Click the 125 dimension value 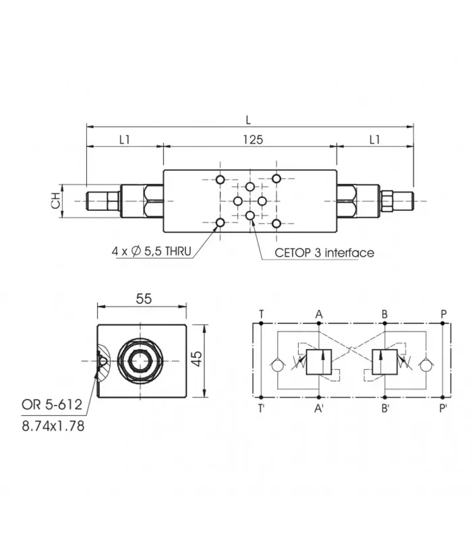253,140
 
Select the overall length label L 248,120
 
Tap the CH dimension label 55,201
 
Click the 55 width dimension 144,298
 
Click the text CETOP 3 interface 324,253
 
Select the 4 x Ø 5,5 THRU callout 151,251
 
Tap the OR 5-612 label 52,405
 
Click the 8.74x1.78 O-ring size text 53,426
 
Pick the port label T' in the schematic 262,408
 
